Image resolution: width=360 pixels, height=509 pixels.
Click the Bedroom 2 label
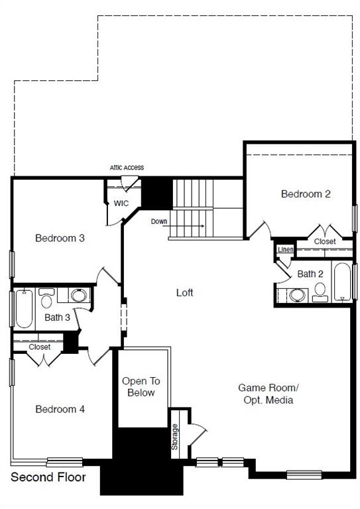click(306, 194)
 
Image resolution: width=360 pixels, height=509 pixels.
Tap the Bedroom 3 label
click(60, 237)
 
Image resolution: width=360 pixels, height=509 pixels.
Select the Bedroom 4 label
click(60, 409)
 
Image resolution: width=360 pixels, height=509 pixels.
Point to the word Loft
click(185, 292)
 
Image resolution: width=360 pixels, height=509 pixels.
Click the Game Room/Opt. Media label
click(269, 394)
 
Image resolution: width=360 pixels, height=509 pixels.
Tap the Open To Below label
click(141, 387)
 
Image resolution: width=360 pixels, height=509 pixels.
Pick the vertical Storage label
click(175, 437)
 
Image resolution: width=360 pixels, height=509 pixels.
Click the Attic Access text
click(127, 168)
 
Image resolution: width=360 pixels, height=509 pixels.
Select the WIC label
click(121, 203)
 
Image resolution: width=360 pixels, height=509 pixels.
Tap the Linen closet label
click(285, 249)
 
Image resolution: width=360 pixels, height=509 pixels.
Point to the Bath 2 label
click(310, 274)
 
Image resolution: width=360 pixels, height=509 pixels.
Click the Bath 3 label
click(58, 317)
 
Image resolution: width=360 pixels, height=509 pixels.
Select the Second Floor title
click(48, 477)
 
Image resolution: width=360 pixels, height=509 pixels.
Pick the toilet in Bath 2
click(320, 291)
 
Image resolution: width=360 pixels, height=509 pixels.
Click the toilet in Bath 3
click(46, 300)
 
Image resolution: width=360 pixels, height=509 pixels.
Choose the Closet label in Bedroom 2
click(325, 242)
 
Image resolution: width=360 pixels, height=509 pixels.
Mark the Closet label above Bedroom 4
click(40, 347)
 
